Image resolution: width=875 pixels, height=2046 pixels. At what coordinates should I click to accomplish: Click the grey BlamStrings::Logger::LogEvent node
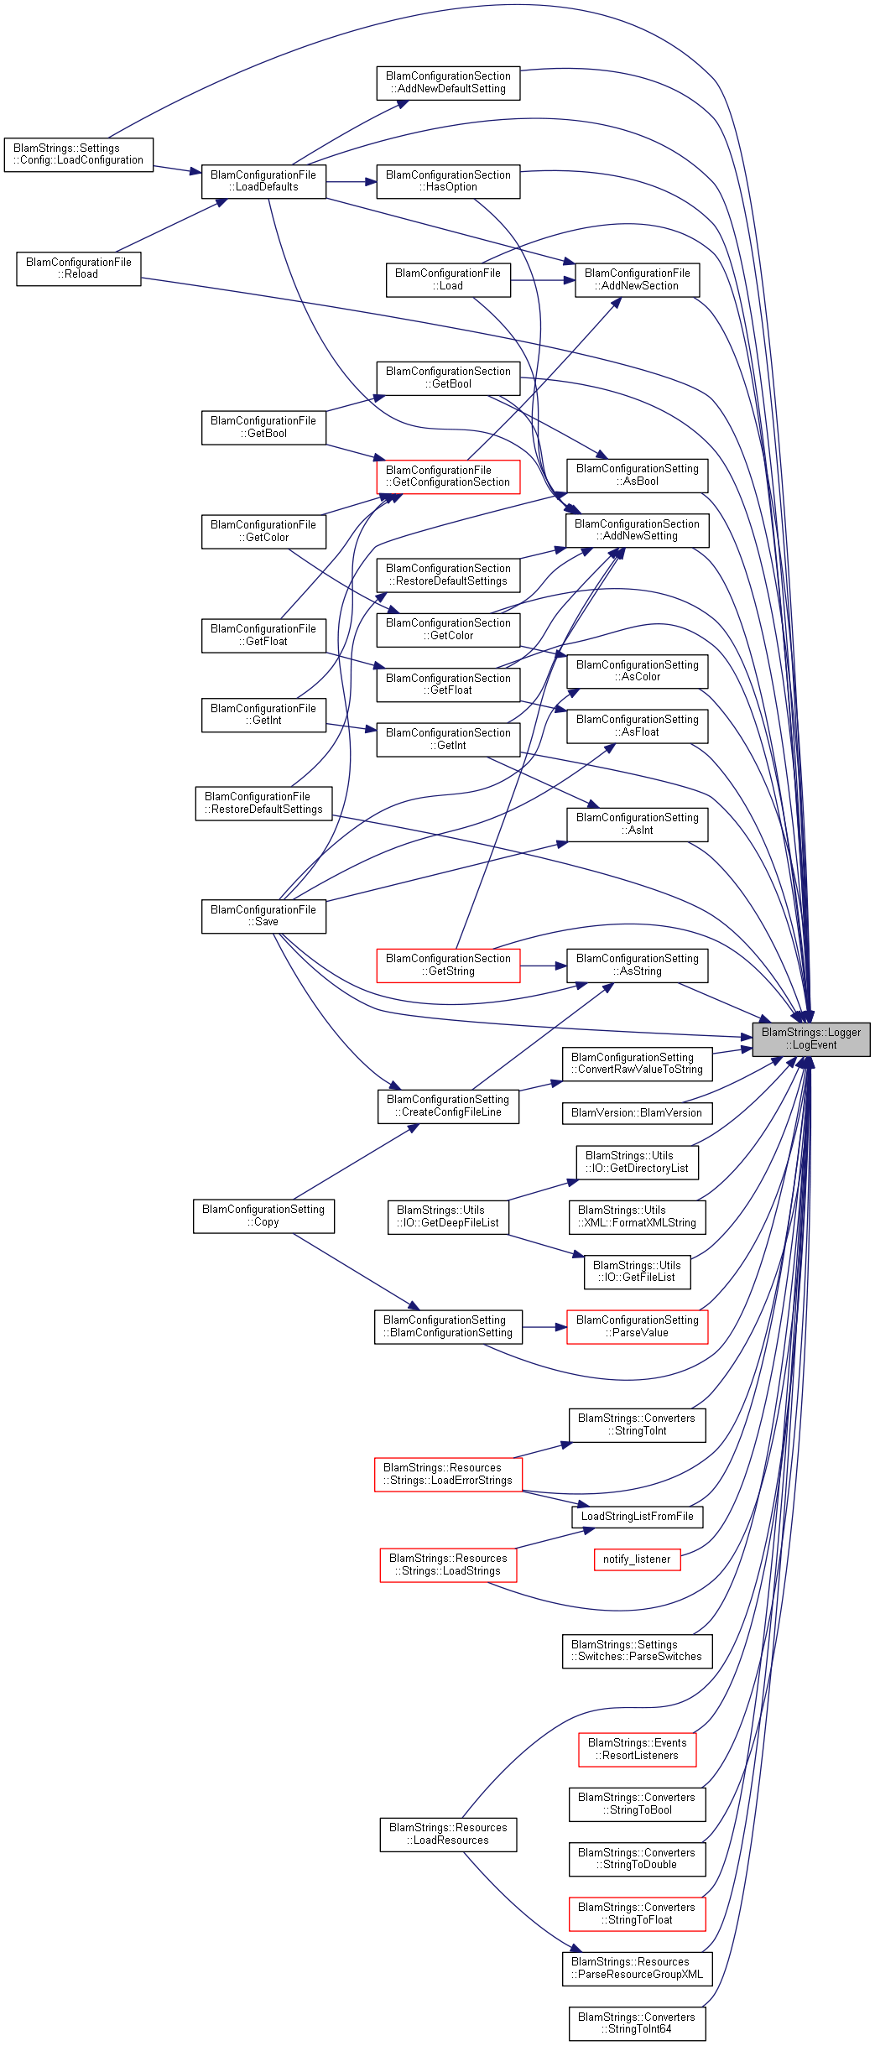pos(810,1039)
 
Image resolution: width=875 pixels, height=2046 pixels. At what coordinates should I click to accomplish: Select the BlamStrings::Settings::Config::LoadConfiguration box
pos(79,154)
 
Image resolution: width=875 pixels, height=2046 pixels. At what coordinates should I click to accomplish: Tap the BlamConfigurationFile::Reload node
pos(79,268)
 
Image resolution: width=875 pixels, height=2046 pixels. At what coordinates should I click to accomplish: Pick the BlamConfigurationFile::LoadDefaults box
pos(263,181)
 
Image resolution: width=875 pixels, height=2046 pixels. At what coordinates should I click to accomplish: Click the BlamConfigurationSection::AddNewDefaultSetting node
pos(448,82)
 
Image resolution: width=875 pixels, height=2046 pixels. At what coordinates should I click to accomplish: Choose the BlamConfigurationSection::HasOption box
pos(448,181)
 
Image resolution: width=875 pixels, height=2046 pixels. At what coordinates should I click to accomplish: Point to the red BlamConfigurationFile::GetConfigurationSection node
pos(448,476)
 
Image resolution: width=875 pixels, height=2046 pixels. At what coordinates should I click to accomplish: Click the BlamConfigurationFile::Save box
pos(263,916)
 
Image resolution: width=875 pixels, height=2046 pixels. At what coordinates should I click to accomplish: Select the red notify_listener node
pos(637,1559)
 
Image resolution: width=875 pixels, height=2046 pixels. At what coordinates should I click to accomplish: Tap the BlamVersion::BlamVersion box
pos(637,1113)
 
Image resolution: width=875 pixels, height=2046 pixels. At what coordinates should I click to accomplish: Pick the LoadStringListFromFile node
pos(637,1517)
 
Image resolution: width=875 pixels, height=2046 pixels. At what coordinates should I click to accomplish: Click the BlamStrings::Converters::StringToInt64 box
pos(637,2023)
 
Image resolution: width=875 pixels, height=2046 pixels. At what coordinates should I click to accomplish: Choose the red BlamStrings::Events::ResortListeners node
pos(637,1749)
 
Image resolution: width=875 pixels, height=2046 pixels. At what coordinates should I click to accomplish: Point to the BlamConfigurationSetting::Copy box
pos(263,1216)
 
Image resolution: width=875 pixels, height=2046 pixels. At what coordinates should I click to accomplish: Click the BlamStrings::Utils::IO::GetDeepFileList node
pos(448,1216)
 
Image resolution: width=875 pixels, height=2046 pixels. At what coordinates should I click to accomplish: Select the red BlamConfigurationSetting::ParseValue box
pos(637,1326)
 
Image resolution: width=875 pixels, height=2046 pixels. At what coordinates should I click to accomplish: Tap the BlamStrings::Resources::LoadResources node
pos(448,1834)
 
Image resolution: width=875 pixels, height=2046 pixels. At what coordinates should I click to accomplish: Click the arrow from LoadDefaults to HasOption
pos(352,181)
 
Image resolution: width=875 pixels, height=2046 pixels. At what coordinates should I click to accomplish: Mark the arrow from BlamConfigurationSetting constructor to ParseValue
pos(544,1327)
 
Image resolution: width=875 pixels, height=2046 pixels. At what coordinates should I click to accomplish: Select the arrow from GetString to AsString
pos(544,966)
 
